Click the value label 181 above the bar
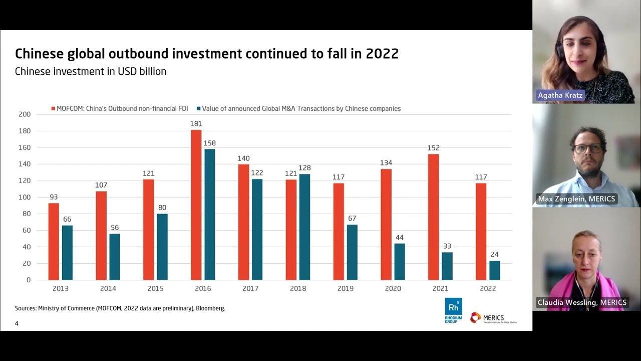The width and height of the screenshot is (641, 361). [x=196, y=124]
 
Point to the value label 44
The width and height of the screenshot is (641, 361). [x=399, y=238]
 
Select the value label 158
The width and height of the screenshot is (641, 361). [x=210, y=143]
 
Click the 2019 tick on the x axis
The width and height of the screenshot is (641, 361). [x=346, y=289]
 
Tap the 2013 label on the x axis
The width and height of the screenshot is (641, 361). [x=61, y=289]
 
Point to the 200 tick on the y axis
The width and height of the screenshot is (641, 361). [x=25, y=114]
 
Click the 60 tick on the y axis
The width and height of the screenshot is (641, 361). [x=27, y=230]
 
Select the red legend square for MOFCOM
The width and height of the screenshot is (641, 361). [x=53, y=109]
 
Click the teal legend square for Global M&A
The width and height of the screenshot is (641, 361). [x=199, y=109]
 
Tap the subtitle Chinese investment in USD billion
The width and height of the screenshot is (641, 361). [x=91, y=72]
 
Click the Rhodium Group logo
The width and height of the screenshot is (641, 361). [x=453, y=310]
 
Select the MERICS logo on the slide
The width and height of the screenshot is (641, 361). [x=493, y=318]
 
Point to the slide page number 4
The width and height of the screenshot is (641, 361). [x=17, y=323]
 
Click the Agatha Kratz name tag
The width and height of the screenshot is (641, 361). [x=560, y=95]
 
